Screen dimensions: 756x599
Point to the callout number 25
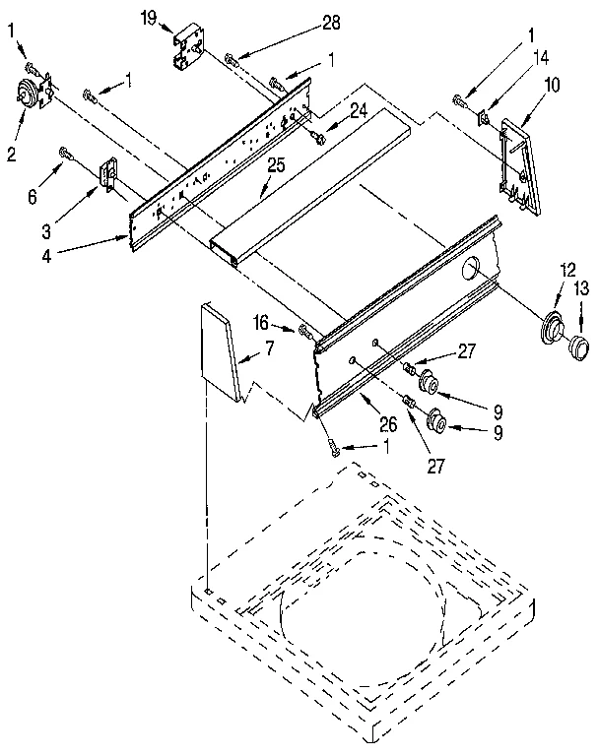click(277, 164)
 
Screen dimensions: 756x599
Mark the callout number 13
click(581, 287)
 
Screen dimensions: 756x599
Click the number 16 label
click(261, 321)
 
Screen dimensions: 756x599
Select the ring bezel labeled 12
click(552, 327)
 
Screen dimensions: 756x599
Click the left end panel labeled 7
click(220, 352)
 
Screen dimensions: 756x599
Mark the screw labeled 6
click(67, 153)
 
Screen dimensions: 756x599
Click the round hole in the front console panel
click(472, 266)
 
